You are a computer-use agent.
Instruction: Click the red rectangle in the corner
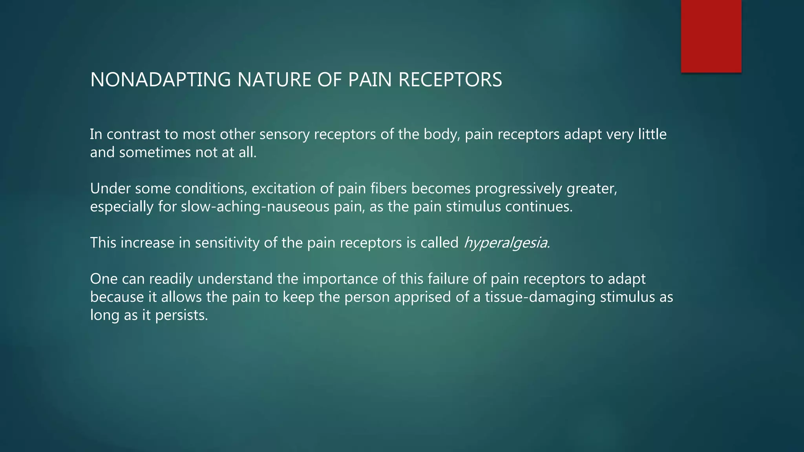click(711, 36)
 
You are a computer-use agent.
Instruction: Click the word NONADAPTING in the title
click(160, 80)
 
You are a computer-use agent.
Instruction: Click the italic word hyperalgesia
click(506, 243)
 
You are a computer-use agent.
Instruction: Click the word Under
click(110, 189)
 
